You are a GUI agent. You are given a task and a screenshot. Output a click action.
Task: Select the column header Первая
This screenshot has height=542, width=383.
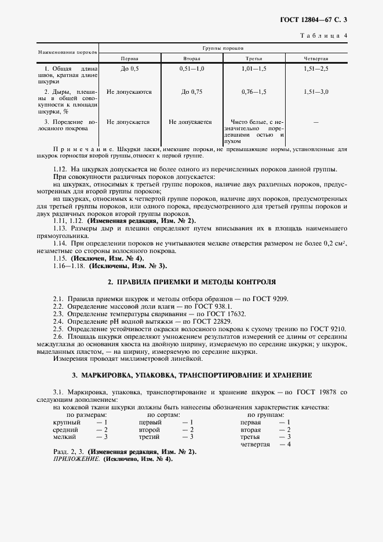(x=129, y=59)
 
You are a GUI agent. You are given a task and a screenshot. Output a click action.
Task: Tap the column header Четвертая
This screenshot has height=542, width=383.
(x=316, y=59)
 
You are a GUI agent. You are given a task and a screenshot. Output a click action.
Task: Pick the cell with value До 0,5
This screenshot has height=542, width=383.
(x=129, y=69)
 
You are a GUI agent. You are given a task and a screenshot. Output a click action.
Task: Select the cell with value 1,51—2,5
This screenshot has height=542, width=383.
(x=316, y=69)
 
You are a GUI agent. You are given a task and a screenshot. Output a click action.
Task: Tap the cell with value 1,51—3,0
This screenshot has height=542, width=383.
(x=316, y=91)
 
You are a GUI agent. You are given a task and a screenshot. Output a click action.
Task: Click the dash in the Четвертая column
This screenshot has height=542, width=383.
(x=316, y=122)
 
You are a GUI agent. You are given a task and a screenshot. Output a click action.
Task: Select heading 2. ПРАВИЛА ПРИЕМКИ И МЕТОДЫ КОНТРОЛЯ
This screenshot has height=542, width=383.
(x=192, y=281)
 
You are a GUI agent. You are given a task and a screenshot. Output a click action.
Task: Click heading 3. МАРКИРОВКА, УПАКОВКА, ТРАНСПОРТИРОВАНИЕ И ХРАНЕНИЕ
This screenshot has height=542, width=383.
(x=192, y=375)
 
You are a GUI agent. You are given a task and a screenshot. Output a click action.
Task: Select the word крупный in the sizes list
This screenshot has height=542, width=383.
(x=64, y=423)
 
